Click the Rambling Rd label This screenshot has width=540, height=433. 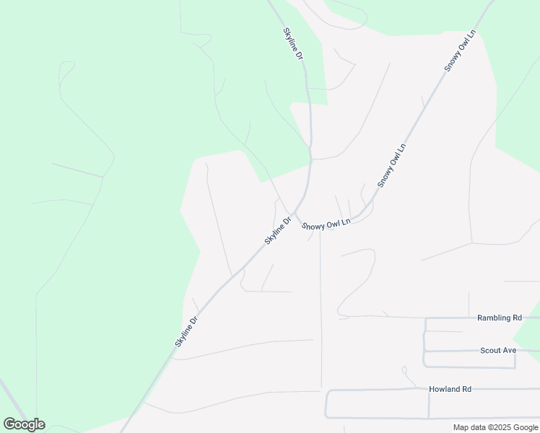499,318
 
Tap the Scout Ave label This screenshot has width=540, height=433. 498,351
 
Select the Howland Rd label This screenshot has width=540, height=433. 450,389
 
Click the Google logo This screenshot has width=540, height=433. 24,424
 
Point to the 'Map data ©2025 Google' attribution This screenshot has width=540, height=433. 496,427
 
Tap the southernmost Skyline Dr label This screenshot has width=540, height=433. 186,331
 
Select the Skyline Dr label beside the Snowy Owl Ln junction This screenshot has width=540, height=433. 277,230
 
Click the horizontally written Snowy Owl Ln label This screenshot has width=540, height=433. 326,224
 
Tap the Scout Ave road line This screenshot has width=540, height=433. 462,351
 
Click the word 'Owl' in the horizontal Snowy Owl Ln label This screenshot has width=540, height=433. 329,224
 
